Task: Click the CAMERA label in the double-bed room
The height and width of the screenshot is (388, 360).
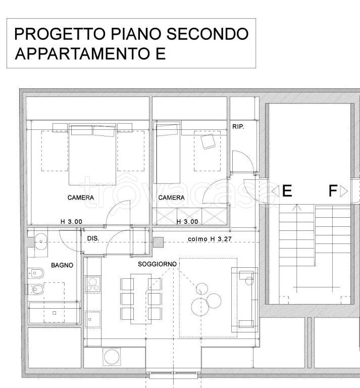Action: click(80, 198)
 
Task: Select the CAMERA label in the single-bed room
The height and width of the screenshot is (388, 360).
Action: click(171, 198)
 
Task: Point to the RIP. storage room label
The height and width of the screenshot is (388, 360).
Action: click(238, 127)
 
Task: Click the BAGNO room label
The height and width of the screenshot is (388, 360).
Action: click(62, 265)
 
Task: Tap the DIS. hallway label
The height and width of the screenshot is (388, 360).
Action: click(93, 238)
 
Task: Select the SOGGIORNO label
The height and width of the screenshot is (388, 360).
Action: click(157, 264)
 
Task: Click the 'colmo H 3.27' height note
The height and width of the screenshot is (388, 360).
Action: click(209, 239)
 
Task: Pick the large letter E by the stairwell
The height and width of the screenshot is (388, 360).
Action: click(287, 191)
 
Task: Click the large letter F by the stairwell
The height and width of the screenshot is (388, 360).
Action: click(332, 191)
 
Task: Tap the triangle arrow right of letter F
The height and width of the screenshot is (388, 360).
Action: click(344, 191)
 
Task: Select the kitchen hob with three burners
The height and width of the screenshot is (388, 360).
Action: click(93, 284)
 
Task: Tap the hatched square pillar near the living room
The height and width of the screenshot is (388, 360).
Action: click(160, 243)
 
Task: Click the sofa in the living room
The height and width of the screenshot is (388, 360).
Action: click(244, 299)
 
